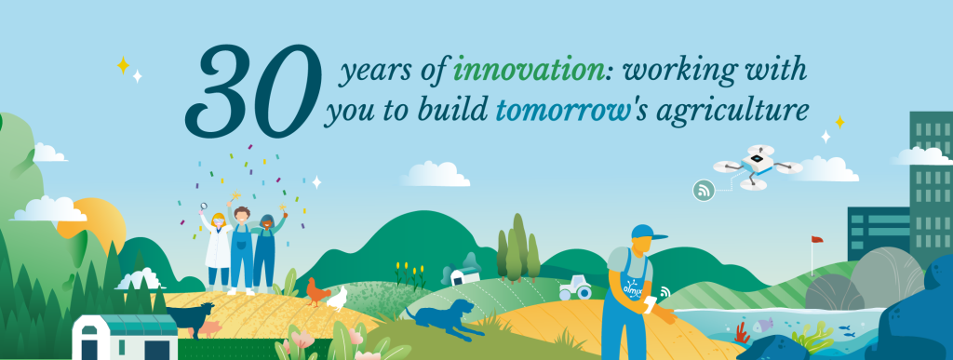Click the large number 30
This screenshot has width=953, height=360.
pyautogui.click(x=253, y=90)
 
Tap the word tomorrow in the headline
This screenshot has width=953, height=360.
pyautogui.click(x=561, y=111)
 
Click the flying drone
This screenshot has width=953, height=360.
pyautogui.click(x=758, y=167)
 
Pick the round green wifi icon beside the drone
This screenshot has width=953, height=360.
pyautogui.click(x=704, y=191)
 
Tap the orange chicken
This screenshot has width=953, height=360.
pyautogui.click(x=316, y=291)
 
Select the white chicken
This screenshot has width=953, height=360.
pyautogui.click(x=337, y=300)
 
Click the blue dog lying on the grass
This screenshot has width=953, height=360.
pyautogui.click(x=443, y=318)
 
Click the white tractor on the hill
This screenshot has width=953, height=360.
pyautogui.click(x=574, y=287)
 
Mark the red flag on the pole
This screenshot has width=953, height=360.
pyautogui.click(x=816, y=240)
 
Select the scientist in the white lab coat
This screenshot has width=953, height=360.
pyautogui.click(x=218, y=246)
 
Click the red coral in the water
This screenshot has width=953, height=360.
pyautogui.click(x=741, y=333)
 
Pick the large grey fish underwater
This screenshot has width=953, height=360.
pyautogui.click(x=763, y=326)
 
